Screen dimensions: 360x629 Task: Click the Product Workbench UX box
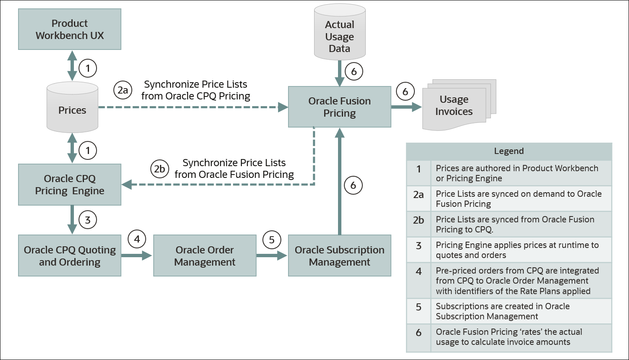(70, 29)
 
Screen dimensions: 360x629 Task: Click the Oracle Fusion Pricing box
(339, 107)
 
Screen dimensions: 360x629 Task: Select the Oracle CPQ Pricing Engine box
(70, 185)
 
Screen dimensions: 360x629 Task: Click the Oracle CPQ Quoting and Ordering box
(70, 256)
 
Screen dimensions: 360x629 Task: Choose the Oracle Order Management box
(205, 256)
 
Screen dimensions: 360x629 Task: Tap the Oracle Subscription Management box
(339, 256)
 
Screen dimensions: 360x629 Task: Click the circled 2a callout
(123, 90)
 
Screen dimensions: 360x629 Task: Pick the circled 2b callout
(160, 169)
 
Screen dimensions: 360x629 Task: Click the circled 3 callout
(88, 220)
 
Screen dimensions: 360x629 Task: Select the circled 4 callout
(137, 239)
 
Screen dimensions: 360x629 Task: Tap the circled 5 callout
(272, 240)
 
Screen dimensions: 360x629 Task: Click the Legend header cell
(509, 151)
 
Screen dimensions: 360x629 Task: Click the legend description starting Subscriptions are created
(503, 311)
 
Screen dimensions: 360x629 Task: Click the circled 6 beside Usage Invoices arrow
(405, 91)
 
